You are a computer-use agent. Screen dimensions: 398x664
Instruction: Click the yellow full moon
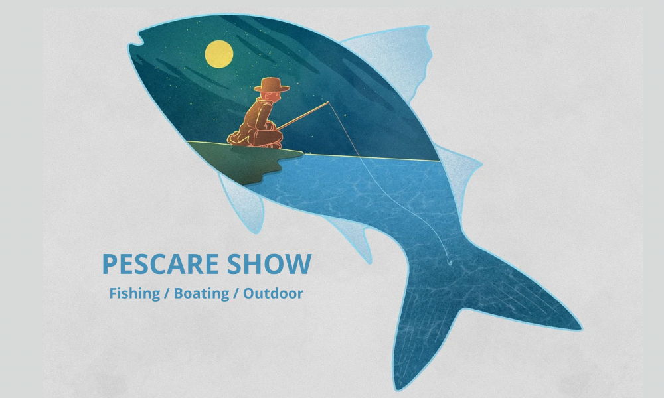219,54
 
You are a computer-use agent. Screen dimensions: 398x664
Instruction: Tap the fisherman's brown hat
272,86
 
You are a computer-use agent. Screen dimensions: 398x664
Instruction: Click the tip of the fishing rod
328,103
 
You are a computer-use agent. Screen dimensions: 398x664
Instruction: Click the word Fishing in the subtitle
135,293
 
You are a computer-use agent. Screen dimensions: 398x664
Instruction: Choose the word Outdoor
273,293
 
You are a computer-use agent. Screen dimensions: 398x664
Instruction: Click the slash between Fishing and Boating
167,293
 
